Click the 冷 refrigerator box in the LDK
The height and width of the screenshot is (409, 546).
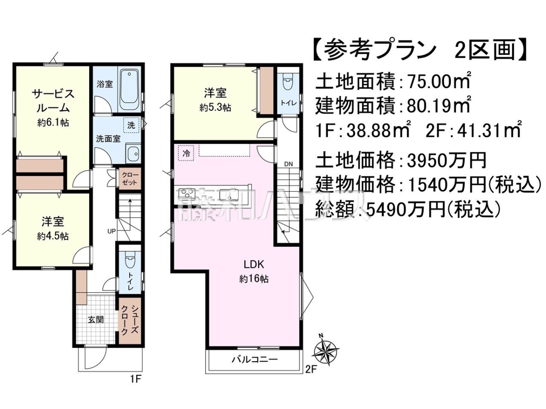pos(186,154)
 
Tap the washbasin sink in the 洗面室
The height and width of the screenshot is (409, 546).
pos(133,154)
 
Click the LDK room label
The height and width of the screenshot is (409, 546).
pos(254,265)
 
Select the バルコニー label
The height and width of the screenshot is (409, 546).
pos(255,359)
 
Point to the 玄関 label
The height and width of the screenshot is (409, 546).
pos(96,320)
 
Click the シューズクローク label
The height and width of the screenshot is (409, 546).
pos(129,320)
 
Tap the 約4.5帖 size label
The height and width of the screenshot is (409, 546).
pos(53,236)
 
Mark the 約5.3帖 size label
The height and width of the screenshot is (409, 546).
pos(215,108)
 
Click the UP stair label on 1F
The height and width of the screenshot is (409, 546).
pos(111,231)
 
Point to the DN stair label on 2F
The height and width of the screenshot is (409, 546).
pos(288,164)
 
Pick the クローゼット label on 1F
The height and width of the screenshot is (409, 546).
pos(129,179)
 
